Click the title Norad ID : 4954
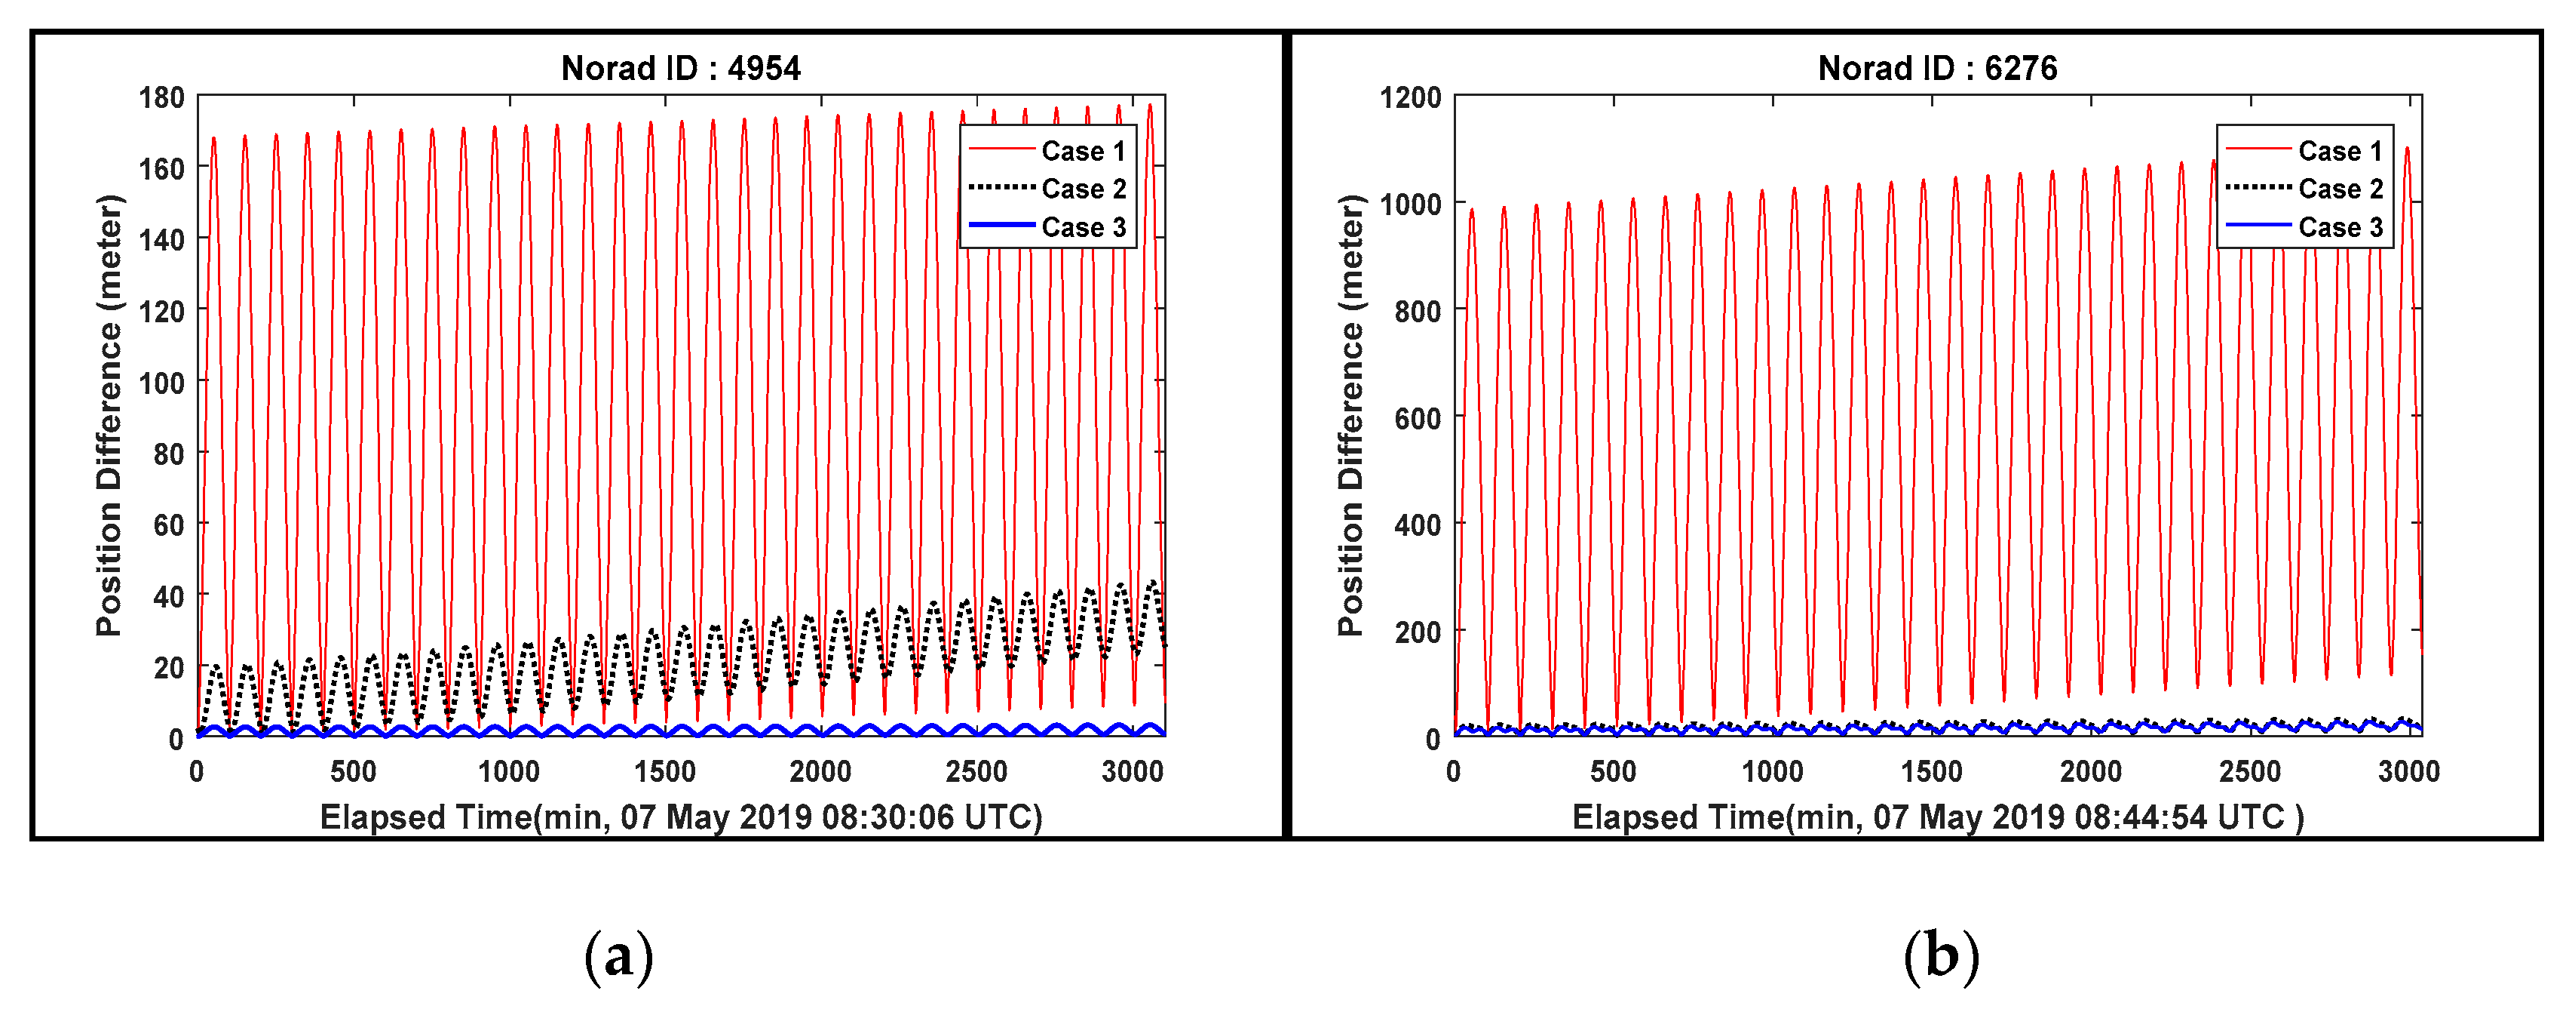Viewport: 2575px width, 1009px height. click(x=681, y=68)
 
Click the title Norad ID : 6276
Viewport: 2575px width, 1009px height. click(x=1937, y=68)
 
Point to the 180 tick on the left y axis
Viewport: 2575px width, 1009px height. click(x=161, y=98)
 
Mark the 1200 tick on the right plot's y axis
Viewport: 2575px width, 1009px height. click(x=1411, y=98)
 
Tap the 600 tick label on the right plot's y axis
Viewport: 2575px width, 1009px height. click(x=1418, y=418)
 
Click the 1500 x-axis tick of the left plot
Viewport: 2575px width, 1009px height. click(x=665, y=772)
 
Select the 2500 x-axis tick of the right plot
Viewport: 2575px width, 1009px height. click(x=2249, y=772)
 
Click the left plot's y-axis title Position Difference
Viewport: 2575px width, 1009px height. click(x=109, y=415)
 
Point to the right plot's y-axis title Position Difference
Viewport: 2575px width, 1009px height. click(x=1350, y=415)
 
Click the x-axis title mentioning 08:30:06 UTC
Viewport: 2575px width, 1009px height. click(x=681, y=818)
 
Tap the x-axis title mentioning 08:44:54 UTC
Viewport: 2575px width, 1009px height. click(x=1937, y=818)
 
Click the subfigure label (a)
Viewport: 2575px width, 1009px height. click(x=619, y=956)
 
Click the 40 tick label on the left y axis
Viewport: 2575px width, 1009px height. click(x=168, y=597)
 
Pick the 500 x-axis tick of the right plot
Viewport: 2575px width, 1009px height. click(x=1612, y=772)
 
